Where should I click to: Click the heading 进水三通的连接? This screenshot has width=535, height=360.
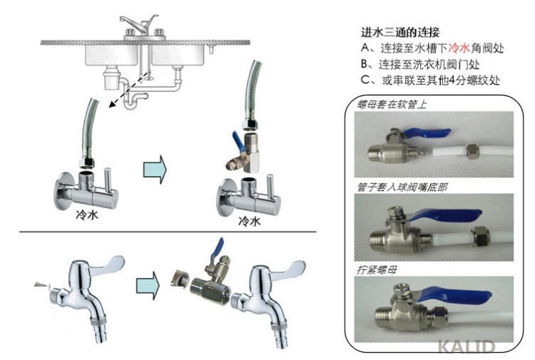tap(400, 32)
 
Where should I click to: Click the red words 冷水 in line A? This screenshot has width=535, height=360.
tap(459, 48)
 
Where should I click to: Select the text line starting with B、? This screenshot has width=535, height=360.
tap(420, 64)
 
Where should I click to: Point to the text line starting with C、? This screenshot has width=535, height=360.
tap(430, 80)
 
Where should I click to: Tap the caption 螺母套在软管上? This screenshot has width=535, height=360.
tap(392, 104)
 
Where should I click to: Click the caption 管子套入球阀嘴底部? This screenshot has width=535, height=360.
tap(402, 187)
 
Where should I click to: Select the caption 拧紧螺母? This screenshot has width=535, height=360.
tap(377, 270)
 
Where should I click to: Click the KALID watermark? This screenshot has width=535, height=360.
tap(466, 346)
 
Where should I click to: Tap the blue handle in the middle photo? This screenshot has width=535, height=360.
tap(445, 215)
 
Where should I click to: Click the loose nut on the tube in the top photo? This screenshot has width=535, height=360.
tap(472, 151)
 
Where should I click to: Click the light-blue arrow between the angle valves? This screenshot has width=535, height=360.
tap(155, 170)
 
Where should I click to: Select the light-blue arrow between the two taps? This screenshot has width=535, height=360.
tap(148, 285)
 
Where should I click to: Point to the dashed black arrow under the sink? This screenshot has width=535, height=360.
tap(128, 90)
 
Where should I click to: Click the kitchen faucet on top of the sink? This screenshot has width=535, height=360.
tap(139, 26)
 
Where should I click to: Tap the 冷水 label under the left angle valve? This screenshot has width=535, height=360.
tap(87, 215)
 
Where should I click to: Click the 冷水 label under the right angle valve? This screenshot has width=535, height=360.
tap(250, 221)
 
